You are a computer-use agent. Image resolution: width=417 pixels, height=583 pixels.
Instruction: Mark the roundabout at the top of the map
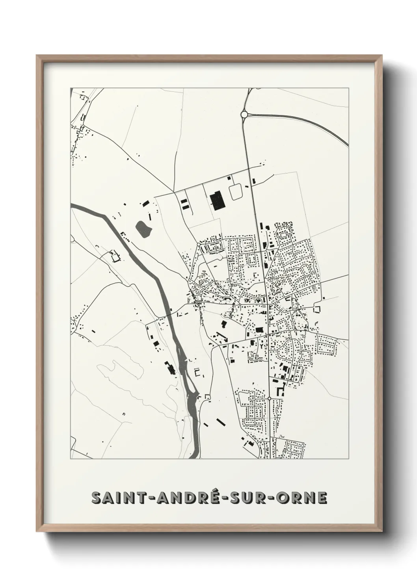click(244, 114)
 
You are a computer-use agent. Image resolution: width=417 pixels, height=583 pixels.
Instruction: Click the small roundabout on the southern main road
click(269, 399)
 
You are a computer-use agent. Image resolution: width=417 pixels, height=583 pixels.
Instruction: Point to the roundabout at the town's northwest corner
click(199, 245)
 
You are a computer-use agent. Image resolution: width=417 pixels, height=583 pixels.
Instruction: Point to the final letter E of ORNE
click(322, 498)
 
